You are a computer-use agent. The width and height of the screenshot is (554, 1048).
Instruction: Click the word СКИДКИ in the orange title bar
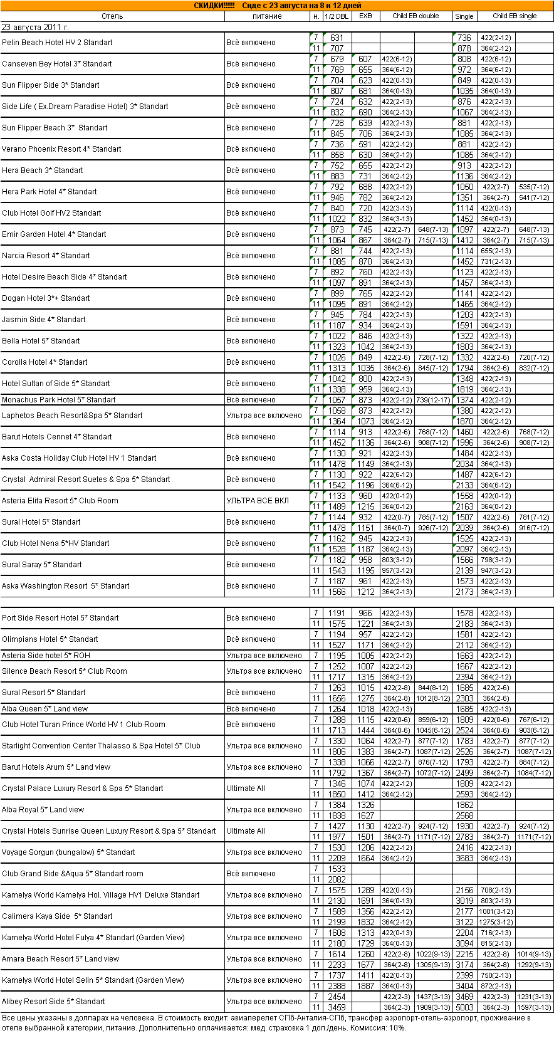tap(214, 6)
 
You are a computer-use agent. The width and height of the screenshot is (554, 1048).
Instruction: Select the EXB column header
tap(365, 16)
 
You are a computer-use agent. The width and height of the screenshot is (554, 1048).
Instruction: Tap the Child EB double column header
tap(415, 16)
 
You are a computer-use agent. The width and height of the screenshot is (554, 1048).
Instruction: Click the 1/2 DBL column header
tap(337, 16)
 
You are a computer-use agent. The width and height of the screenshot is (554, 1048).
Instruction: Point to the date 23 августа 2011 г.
tap(36, 28)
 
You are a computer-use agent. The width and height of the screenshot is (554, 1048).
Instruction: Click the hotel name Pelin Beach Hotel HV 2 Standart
tap(57, 43)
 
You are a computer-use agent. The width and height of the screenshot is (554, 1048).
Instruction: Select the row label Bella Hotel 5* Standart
tap(41, 341)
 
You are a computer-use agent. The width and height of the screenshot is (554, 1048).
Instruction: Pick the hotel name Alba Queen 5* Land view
tap(45, 709)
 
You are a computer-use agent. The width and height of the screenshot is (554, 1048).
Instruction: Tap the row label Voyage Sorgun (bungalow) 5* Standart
tap(68, 852)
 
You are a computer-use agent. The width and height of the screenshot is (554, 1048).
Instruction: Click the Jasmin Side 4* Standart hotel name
tap(44, 320)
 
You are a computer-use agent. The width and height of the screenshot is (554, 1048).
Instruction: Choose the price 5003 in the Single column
tap(464, 1007)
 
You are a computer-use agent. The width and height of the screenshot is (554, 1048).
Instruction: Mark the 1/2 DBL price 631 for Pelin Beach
tap(337, 38)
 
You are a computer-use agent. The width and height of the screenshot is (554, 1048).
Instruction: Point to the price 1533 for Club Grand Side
tap(337, 869)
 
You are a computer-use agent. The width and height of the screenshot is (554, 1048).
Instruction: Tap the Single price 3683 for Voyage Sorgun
tap(464, 858)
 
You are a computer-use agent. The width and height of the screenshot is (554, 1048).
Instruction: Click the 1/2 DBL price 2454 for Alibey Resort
tap(337, 997)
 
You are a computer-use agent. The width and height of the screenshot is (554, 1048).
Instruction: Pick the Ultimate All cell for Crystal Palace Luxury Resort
tap(246, 789)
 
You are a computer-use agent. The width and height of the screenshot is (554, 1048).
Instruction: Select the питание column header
tap(267, 16)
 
